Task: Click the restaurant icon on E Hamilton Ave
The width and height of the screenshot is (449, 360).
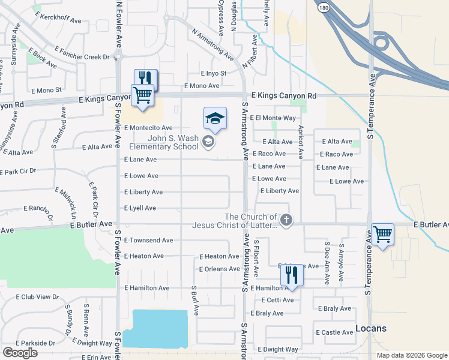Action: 291,275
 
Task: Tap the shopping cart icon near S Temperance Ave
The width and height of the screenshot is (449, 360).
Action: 382,234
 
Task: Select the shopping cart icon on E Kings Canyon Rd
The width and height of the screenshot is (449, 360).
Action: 142,95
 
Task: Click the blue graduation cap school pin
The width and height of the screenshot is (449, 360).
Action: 214,118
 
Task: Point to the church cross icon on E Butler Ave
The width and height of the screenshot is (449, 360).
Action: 286,220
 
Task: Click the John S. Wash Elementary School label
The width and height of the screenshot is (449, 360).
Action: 164,142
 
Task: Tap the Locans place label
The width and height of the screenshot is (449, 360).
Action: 371,328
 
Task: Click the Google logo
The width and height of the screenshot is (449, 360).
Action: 19,353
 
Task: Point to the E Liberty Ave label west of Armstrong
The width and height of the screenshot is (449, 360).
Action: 143,192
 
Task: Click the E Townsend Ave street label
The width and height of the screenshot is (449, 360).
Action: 148,240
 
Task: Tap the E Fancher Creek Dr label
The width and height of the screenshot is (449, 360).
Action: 81,57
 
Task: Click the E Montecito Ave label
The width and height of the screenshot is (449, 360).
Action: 148,128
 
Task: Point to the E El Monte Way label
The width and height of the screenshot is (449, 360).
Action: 273,118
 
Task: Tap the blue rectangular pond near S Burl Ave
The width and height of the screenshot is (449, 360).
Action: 160,328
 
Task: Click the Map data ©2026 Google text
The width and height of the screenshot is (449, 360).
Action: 411,355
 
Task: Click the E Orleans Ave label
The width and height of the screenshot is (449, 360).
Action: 219,269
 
